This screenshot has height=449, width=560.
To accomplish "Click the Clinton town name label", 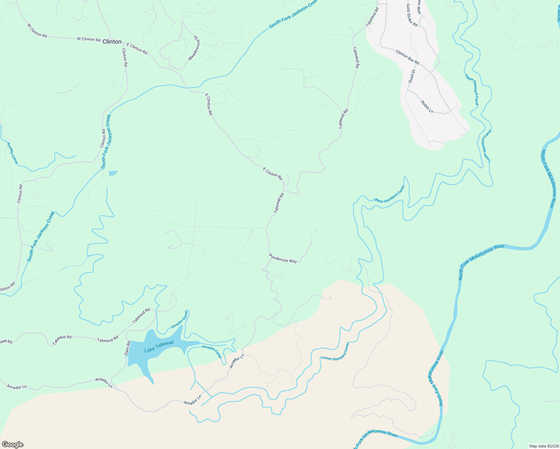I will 112,42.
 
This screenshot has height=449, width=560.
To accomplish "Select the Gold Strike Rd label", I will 412,15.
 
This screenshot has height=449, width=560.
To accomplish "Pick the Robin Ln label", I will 427,107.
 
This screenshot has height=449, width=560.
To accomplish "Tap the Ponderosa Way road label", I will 283,259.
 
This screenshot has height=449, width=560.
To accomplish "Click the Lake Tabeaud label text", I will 159,346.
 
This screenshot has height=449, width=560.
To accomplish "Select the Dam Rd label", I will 127,348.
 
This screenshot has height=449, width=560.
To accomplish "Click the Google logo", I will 12,445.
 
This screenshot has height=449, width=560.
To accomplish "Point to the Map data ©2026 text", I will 543,446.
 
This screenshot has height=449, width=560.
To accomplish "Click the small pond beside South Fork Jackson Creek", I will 113,173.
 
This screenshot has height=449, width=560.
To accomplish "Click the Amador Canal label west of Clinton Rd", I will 12,153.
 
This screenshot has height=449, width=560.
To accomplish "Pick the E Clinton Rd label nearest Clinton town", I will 137,48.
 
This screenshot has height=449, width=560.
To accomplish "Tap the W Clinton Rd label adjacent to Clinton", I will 89,39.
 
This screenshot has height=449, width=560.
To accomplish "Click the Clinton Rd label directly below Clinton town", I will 125,58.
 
